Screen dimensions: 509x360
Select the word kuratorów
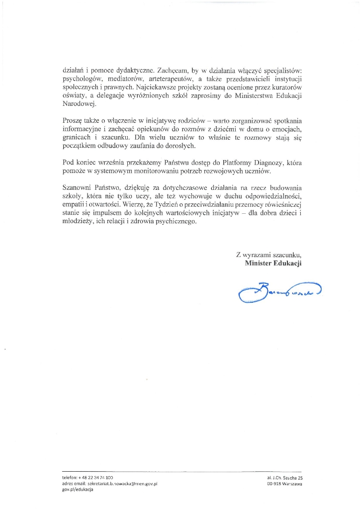pos(285,88)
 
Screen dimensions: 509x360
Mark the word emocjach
pos(286,131)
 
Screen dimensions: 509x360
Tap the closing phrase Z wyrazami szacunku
pos(269,255)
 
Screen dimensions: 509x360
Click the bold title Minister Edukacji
pos(273,263)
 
